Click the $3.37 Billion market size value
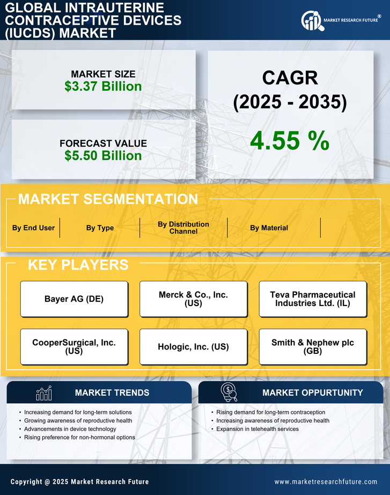pos(103,86)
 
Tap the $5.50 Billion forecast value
pos(103,156)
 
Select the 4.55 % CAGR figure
pos(290,141)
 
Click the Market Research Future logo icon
pos(311,21)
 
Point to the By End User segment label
pos(33,228)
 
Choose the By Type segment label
pos(100,228)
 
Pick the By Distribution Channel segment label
pos(183,228)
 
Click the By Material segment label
pos(269,228)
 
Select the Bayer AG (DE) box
pos(74,299)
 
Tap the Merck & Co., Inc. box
pos(193,299)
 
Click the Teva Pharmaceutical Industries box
pos(313,299)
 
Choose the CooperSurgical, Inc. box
pos(74,347)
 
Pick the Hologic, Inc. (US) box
pos(193,347)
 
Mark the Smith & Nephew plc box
pos(313,347)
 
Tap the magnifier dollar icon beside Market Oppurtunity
pos(229,392)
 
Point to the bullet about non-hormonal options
pos(79,438)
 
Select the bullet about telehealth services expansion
pos(257,429)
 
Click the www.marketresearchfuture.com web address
pos(326,482)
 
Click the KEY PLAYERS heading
pos(78,265)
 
